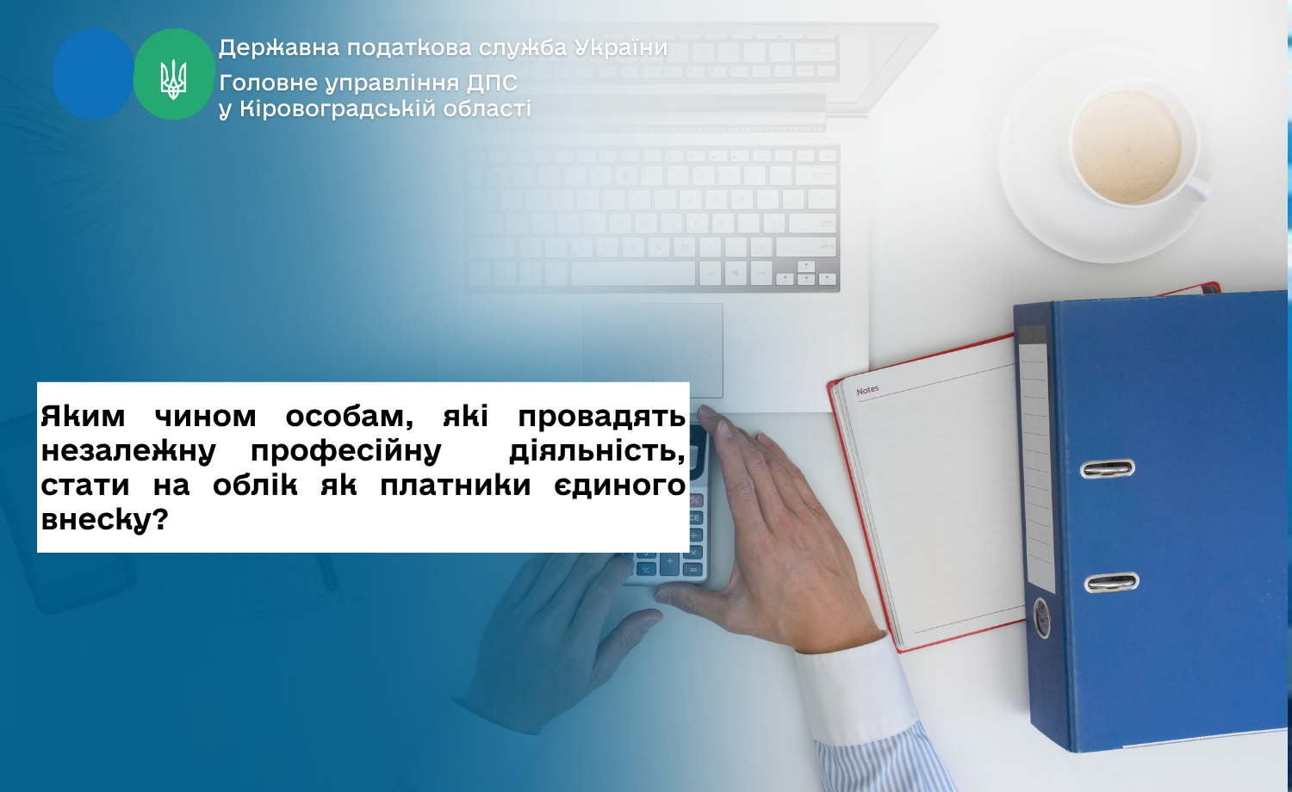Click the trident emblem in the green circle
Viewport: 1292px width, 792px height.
(x=174, y=79)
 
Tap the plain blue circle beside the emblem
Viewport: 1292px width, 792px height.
(x=93, y=74)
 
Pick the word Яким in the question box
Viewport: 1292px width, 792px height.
(x=83, y=416)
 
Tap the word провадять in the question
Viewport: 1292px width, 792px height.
(x=601, y=416)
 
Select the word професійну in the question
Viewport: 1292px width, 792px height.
(x=346, y=451)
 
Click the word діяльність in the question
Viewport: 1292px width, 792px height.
(x=598, y=451)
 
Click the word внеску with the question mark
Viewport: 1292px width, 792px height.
(x=104, y=520)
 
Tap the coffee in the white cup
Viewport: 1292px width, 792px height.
(x=1126, y=146)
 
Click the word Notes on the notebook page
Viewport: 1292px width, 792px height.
(x=867, y=390)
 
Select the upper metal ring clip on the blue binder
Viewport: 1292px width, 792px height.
(x=1108, y=468)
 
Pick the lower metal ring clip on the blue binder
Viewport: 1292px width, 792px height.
(x=1111, y=582)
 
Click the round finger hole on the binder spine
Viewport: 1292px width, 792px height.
(x=1041, y=618)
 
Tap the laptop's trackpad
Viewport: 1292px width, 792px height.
(x=652, y=350)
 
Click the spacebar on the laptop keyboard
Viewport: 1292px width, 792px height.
(x=633, y=274)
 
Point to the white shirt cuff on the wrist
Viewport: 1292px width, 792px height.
(x=854, y=691)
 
